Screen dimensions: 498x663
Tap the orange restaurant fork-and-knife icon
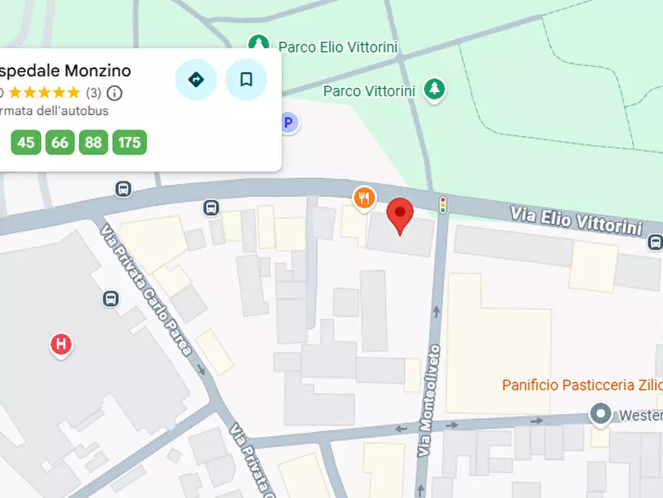coord(364,198)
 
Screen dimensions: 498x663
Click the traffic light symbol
coord(443,204)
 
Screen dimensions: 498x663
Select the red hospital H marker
coord(61,344)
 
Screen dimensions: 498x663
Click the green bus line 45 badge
coord(26,142)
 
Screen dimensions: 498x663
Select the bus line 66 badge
coord(60,142)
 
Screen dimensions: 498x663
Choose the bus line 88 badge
coord(93,142)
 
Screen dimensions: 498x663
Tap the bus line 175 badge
coord(129,142)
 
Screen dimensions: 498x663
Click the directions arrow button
coord(196,80)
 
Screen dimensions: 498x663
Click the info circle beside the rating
coord(114,93)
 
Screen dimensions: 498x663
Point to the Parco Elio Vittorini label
coord(338,48)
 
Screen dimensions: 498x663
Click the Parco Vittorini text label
coord(369,91)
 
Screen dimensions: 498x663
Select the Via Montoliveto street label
coord(428,401)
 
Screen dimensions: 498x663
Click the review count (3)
coord(94,93)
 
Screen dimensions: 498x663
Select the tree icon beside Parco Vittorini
coord(434,89)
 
